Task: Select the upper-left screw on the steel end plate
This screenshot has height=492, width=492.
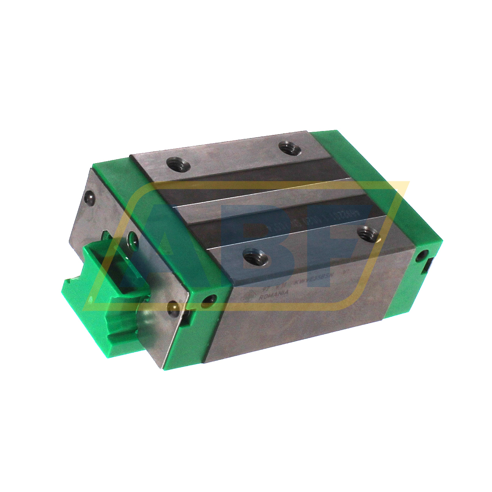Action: click(x=90, y=197)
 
